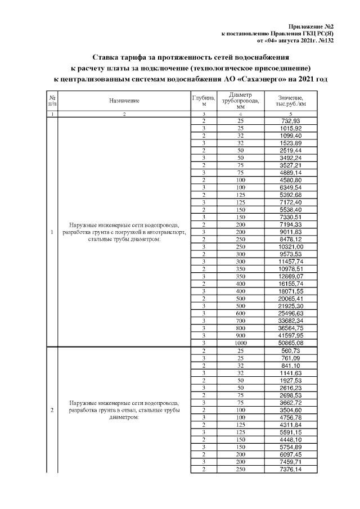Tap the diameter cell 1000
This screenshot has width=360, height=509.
[241, 342]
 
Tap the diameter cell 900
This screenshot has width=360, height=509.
[241, 335]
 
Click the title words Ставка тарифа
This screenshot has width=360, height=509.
[119, 57]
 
